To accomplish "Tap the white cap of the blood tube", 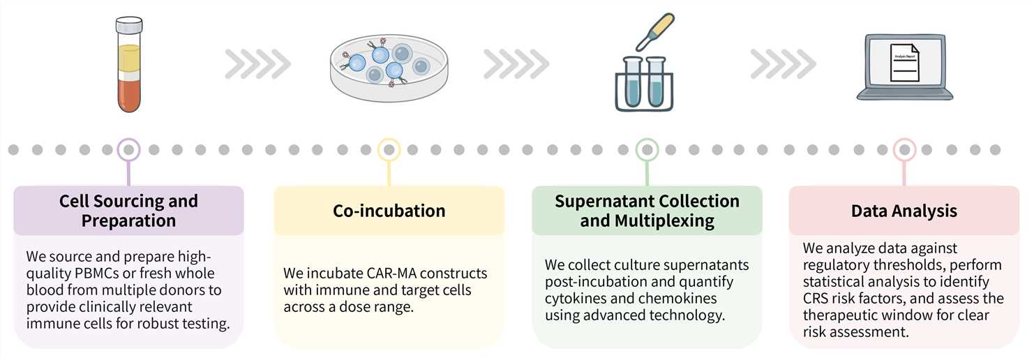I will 128,26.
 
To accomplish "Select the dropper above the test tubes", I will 653,31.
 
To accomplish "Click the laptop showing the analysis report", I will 904,66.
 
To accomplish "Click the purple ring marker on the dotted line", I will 128,149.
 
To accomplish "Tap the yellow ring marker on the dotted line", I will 389,149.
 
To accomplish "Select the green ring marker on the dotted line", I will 647,149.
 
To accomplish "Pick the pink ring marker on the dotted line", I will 905,149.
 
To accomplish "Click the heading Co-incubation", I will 389,211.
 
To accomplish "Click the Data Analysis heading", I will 904,211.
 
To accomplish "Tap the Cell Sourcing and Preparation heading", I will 128,211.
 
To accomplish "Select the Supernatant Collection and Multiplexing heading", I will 647,211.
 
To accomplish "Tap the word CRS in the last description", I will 818,299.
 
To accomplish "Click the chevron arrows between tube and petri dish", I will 257,64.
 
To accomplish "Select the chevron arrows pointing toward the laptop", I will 783,64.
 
